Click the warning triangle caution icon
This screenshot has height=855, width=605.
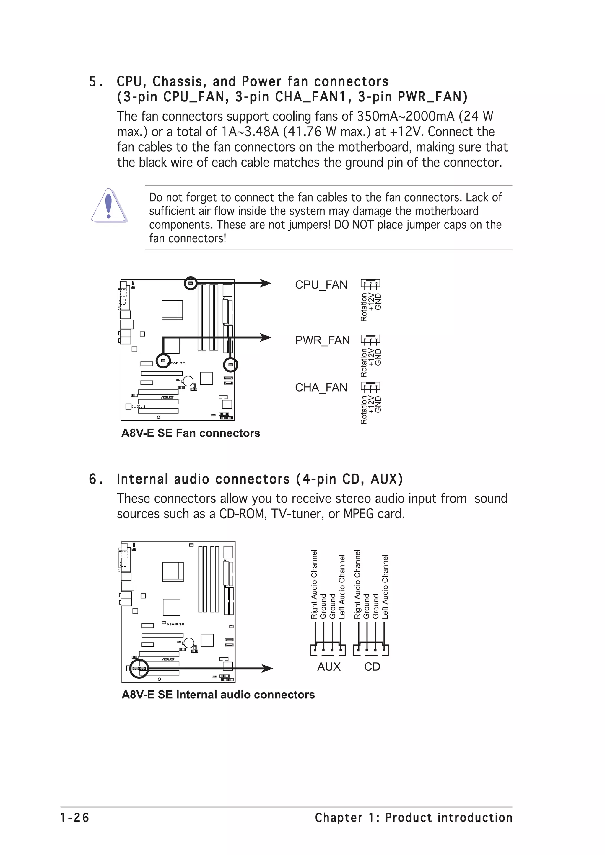click(x=108, y=206)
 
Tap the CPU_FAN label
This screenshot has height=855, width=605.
click(x=321, y=285)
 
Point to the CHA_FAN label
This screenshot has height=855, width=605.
click(x=321, y=388)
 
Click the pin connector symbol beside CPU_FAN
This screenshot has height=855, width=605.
click(x=370, y=284)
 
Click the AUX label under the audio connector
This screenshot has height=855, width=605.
click(x=329, y=666)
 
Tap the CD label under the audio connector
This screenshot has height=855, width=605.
click(x=372, y=666)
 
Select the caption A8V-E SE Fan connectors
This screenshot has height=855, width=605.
click(x=191, y=433)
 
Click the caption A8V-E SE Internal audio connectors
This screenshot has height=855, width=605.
click(x=218, y=695)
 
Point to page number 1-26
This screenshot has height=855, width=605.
click(x=75, y=818)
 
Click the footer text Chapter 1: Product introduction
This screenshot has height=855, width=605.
click(x=413, y=818)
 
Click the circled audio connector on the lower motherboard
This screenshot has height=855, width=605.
click(x=139, y=669)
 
